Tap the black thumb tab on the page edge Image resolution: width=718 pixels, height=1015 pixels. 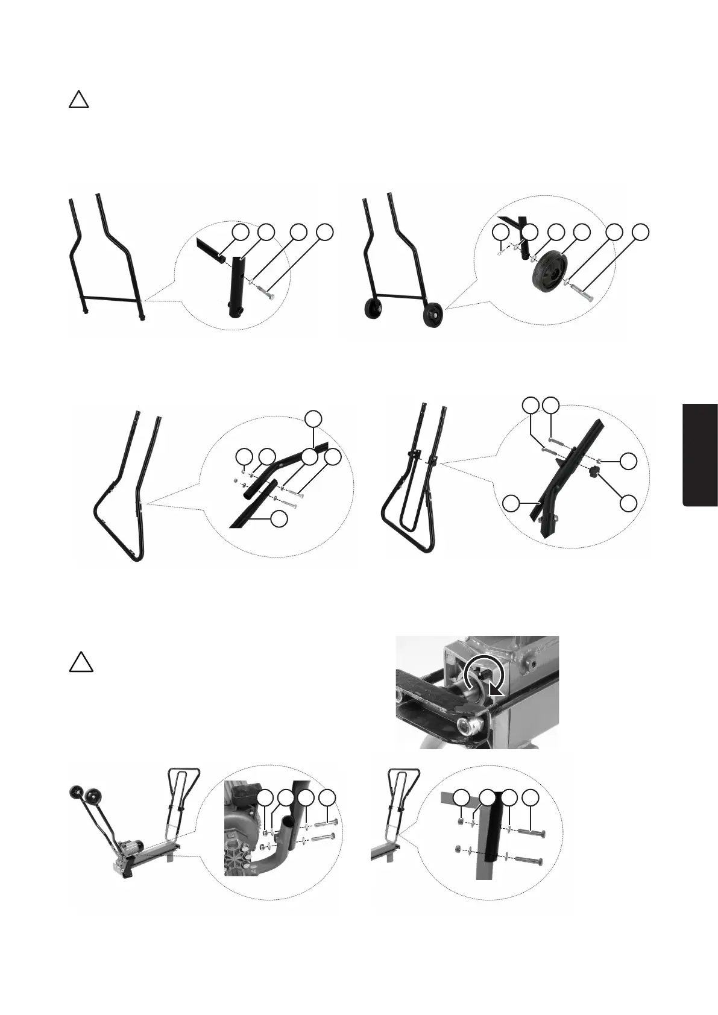coord(701,455)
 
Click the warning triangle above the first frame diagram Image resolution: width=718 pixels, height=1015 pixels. coord(78,99)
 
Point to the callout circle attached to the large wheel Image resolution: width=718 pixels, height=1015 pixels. coord(581,231)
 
